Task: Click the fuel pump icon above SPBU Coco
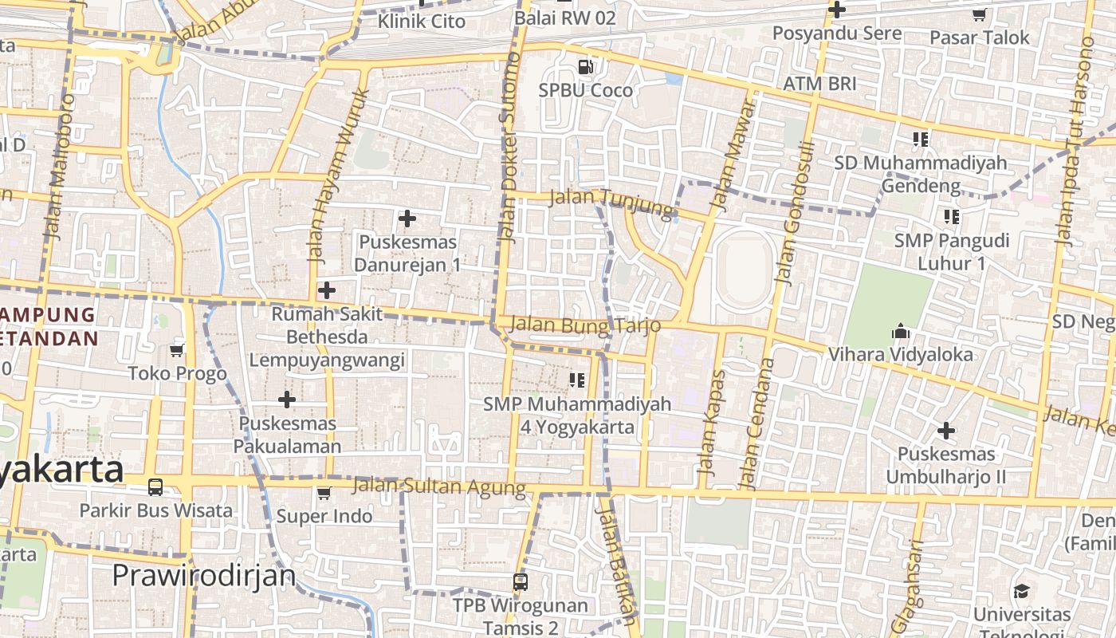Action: click(x=586, y=66)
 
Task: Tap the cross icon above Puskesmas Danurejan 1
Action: click(x=407, y=218)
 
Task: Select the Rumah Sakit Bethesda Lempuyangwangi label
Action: click(x=327, y=337)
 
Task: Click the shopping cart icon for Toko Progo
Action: click(x=177, y=350)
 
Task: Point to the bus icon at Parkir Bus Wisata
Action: click(x=155, y=486)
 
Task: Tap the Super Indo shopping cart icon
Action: click(x=324, y=493)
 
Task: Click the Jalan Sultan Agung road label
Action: click(x=439, y=486)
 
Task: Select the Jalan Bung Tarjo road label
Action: click(x=585, y=325)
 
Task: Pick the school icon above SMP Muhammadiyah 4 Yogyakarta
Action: click(x=577, y=380)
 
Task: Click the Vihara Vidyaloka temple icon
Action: click(x=902, y=331)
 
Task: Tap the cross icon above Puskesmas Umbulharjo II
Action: click(x=946, y=431)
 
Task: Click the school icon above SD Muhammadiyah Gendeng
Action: click(x=921, y=140)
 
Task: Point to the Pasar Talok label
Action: click(x=980, y=37)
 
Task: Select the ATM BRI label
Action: click(x=819, y=84)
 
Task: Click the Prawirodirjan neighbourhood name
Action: click(x=203, y=575)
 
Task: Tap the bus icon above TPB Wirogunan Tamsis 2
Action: click(x=521, y=582)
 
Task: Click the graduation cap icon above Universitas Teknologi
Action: click(x=1022, y=591)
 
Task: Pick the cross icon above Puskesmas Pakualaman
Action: click(x=287, y=400)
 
